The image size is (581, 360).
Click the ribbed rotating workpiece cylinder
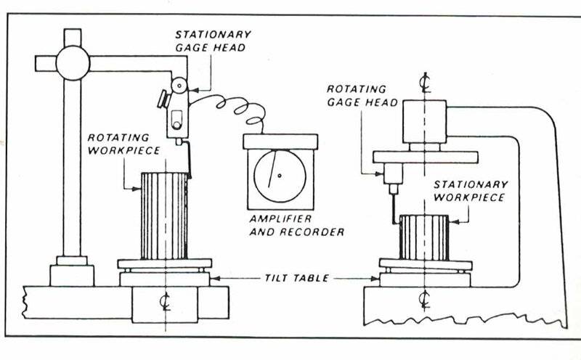click(165, 216)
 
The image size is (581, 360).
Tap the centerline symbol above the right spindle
click(424, 82)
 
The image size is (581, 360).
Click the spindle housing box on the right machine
click(424, 121)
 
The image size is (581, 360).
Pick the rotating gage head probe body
click(391, 174)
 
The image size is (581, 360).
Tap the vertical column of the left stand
click(72, 167)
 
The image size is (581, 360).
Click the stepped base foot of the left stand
click(71, 272)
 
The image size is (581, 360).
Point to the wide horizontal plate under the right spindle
click(424, 156)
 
